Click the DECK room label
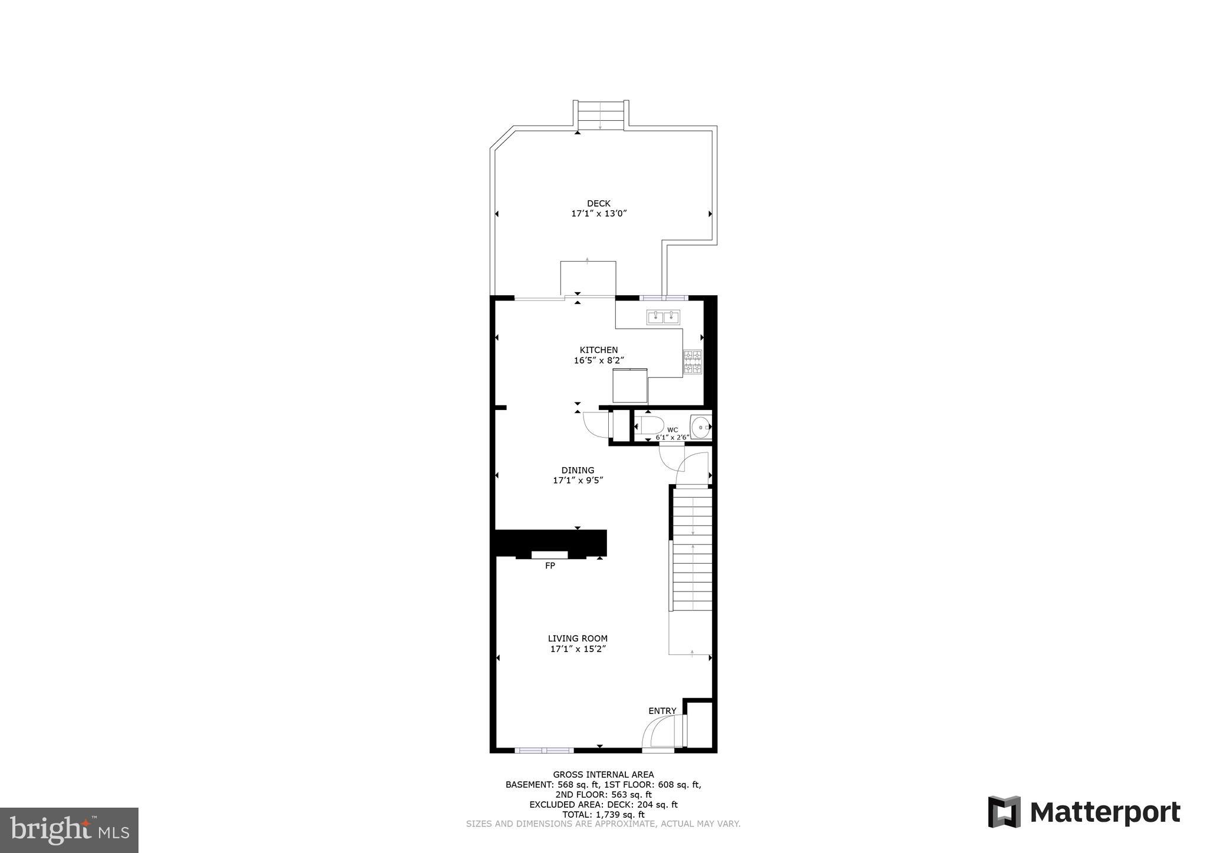pos(599,203)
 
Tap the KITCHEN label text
pos(599,350)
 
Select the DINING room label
pos(578,470)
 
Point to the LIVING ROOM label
pos(578,638)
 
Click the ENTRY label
pos(662,711)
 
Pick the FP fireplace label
pos(550,566)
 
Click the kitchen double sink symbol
pos(664,317)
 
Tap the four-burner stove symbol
pos(692,362)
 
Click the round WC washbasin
pos(701,427)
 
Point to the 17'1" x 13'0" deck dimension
pos(599,214)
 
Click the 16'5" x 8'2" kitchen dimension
pos(599,361)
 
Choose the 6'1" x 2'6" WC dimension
pos(672,437)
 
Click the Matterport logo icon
pos(1004,812)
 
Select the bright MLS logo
pos(69,830)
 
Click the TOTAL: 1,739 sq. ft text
pos(603,815)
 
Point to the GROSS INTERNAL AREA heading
pos(603,775)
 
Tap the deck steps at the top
pos(601,115)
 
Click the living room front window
pos(544,750)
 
